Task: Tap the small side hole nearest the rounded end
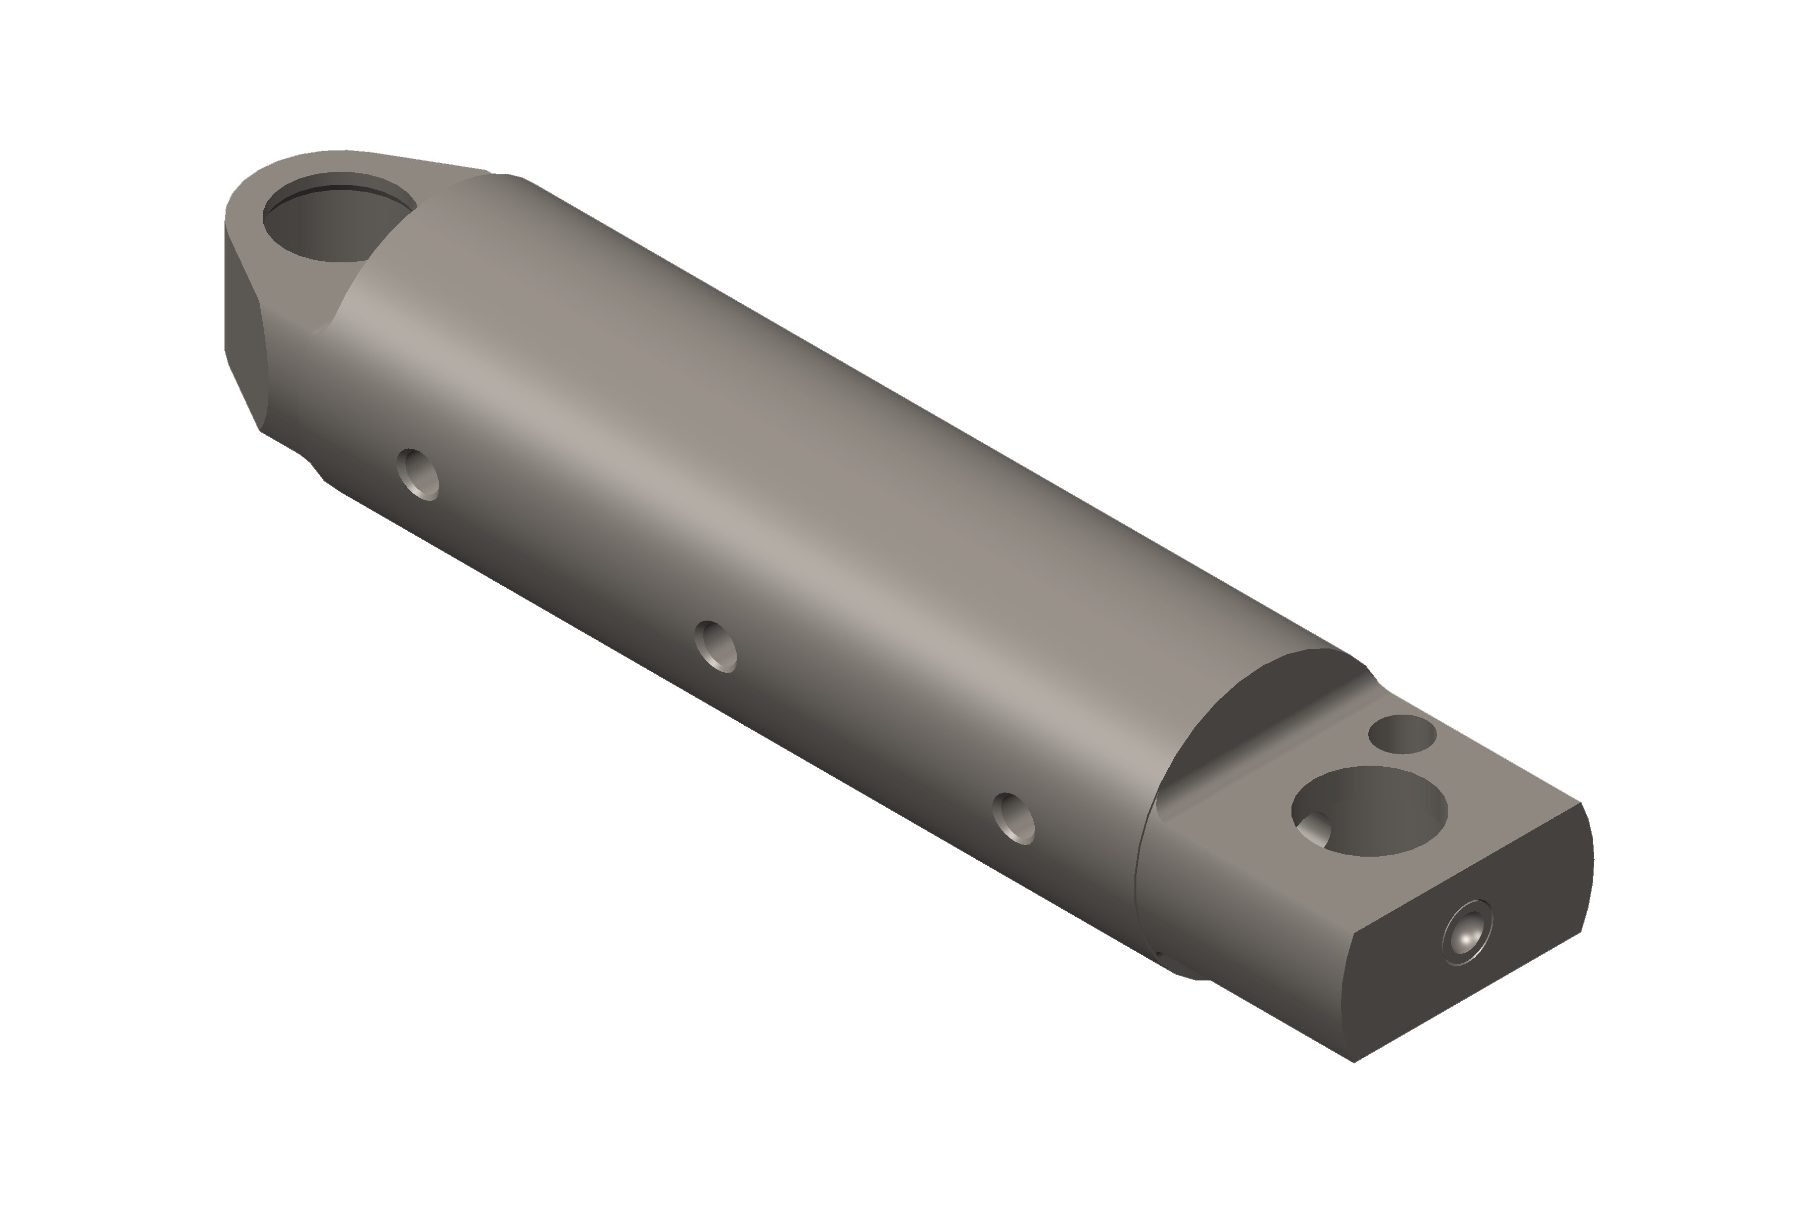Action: pyautogui.click(x=418, y=474)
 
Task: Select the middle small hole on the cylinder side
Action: pyautogui.click(x=715, y=646)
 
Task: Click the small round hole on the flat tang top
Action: pyautogui.click(x=1402, y=734)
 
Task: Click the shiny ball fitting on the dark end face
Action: pyautogui.click(x=1466, y=932)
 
